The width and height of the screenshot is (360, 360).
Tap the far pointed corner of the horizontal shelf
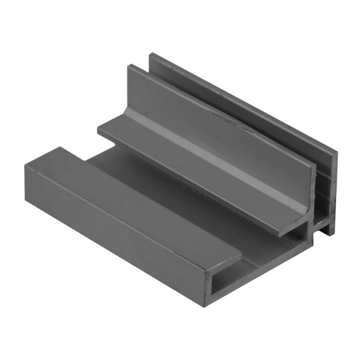tap(99, 130)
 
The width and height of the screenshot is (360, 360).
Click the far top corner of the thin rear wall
tap(151, 53)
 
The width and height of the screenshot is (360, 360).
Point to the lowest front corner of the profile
tap(205, 305)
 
